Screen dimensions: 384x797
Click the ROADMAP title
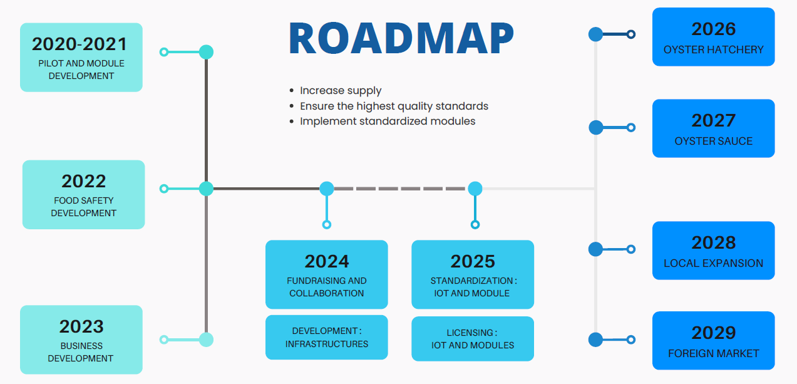pyautogui.click(x=401, y=39)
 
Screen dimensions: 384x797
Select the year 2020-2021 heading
pyautogui.click(x=80, y=44)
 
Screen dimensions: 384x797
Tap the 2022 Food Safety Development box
pyautogui.click(x=83, y=194)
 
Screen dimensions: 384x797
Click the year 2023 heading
pyautogui.click(x=81, y=326)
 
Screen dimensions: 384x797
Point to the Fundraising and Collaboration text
pyautogui.click(x=326, y=287)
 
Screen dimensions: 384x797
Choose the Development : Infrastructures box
pyautogui.click(x=326, y=337)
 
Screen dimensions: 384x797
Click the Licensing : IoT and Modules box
pyautogui.click(x=472, y=338)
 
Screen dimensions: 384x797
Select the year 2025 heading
pyautogui.click(x=472, y=261)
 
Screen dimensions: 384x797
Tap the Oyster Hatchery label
pyautogui.click(x=713, y=49)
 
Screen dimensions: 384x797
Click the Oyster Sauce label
pyautogui.click(x=713, y=141)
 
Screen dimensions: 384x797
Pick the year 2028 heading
pyautogui.click(x=713, y=242)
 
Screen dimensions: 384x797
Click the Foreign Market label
pyautogui.click(x=713, y=353)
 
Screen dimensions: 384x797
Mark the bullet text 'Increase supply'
pyautogui.click(x=341, y=90)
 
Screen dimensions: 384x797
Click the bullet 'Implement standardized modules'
pyautogui.click(x=388, y=121)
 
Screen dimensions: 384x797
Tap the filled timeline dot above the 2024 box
pyautogui.click(x=326, y=188)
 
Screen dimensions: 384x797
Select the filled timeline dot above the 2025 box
pyautogui.click(x=475, y=188)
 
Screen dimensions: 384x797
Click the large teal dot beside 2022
pyautogui.click(x=206, y=188)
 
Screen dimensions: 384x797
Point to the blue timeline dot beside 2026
pyautogui.click(x=595, y=34)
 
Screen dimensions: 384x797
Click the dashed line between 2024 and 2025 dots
pyautogui.click(x=401, y=188)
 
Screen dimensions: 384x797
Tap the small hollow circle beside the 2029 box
pyautogui.click(x=631, y=340)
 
